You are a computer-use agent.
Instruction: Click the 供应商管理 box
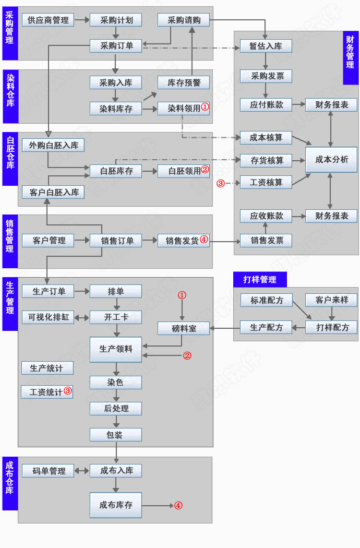click(48, 20)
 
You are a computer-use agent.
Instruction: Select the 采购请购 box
click(184, 20)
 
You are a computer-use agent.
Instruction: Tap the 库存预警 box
click(184, 82)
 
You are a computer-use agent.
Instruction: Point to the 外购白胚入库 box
click(53, 145)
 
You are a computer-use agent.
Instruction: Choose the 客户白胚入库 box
click(53, 192)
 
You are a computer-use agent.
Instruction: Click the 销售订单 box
click(116, 241)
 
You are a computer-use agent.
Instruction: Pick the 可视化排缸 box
click(48, 317)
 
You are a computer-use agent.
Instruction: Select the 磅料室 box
click(184, 328)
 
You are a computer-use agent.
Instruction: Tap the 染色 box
click(116, 383)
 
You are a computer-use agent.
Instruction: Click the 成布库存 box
click(116, 505)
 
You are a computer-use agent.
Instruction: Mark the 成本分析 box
click(331, 159)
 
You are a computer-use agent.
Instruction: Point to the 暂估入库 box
click(266, 46)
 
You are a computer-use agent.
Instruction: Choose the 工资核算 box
click(266, 183)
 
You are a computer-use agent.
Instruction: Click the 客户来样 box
click(331, 300)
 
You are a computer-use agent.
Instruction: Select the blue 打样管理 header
click(260, 279)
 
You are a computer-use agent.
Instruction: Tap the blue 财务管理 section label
click(351, 57)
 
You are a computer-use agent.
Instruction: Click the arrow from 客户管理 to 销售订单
click(82, 241)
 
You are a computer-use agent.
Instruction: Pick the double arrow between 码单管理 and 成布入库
click(82, 471)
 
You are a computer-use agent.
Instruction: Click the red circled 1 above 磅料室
click(182, 295)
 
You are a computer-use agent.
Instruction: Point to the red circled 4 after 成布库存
click(178, 505)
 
